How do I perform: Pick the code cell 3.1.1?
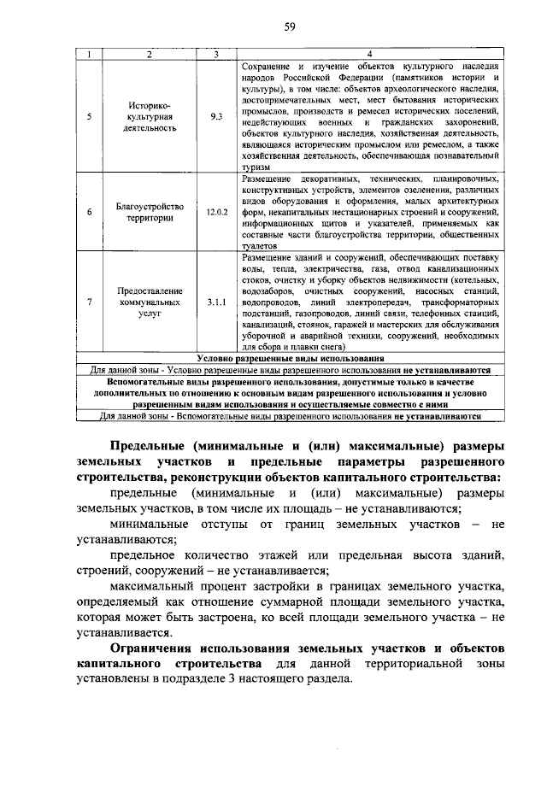point(215,302)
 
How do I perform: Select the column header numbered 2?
point(149,54)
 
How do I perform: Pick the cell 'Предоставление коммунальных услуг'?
point(149,302)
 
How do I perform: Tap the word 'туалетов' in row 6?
point(260,243)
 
